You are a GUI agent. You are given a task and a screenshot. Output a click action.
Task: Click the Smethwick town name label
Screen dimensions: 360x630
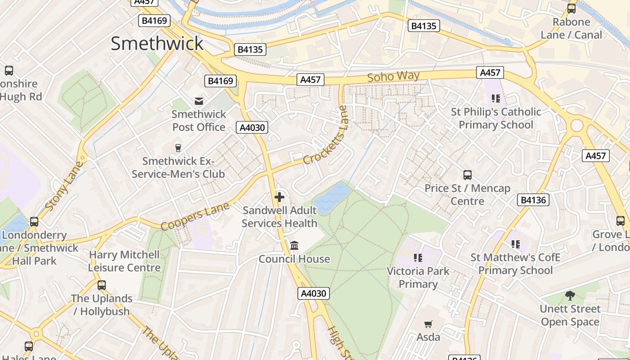click(x=157, y=44)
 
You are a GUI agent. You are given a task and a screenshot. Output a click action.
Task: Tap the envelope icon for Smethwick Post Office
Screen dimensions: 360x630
click(x=198, y=101)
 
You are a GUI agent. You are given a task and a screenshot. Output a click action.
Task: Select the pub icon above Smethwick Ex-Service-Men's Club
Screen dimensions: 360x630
click(x=178, y=148)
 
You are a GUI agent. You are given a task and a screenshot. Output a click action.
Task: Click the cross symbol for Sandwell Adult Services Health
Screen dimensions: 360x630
click(x=279, y=197)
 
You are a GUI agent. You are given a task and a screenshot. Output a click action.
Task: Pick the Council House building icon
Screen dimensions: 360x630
click(x=294, y=246)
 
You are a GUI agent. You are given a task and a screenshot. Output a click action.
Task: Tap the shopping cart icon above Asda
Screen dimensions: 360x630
click(x=428, y=324)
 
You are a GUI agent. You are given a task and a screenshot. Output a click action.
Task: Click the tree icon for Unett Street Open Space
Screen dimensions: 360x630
click(x=570, y=296)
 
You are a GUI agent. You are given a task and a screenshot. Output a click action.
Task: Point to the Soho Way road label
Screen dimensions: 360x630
click(x=393, y=76)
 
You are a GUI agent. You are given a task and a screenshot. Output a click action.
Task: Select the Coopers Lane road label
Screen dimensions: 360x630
click(x=195, y=216)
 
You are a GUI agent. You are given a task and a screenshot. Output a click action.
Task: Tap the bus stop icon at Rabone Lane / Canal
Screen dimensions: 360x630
click(x=571, y=8)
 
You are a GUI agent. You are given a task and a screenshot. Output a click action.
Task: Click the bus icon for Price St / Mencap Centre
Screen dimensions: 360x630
click(x=468, y=175)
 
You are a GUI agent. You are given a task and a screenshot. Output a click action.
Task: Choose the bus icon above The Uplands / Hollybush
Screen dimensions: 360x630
click(x=102, y=285)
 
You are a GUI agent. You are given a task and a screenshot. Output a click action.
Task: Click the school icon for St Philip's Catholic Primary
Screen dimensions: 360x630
click(x=496, y=98)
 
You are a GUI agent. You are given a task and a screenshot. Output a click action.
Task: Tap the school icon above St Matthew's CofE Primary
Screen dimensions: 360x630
click(x=515, y=244)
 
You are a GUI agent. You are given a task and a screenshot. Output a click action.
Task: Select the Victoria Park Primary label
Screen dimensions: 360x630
click(x=418, y=277)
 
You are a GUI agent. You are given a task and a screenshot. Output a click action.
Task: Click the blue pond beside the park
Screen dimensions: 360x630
click(x=332, y=198)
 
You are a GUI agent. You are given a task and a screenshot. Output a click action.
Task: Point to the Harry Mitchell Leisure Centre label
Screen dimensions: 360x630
click(x=124, y=261)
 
